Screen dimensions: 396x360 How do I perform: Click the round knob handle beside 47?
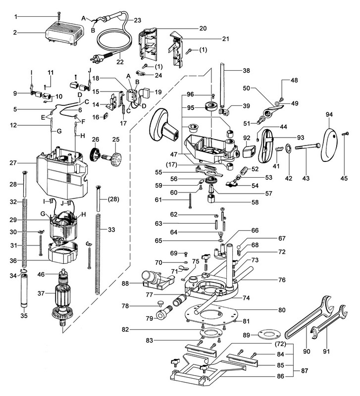160,124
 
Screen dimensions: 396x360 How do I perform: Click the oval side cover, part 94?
328,144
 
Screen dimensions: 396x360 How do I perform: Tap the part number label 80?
281,310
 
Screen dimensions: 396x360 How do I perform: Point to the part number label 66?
255,231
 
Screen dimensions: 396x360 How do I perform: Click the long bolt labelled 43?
307,147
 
